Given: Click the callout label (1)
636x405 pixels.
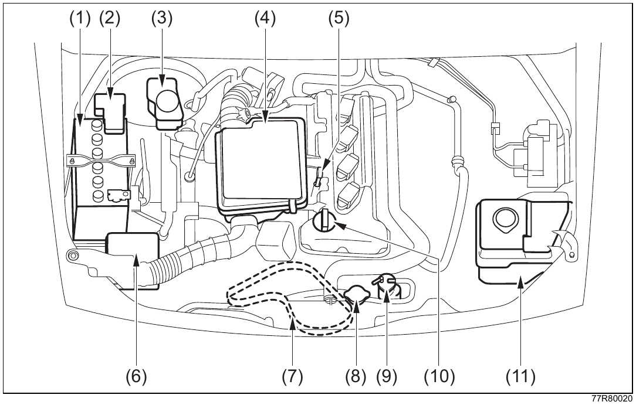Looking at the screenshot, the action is [80, 18].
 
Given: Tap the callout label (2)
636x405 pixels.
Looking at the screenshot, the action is [110, 18].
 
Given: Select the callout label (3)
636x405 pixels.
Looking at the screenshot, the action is [162, 18].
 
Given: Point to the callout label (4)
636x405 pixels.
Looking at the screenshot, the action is [265, 18].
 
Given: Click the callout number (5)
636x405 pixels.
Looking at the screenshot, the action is [339, 18].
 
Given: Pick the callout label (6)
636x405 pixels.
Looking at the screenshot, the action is [136, 376].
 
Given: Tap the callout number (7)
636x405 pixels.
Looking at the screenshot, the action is [292, 376].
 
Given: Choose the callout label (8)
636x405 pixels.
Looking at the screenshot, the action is [356, 376].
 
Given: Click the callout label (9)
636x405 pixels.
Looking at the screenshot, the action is [386, 376].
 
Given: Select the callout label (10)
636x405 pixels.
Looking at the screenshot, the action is [439, 376].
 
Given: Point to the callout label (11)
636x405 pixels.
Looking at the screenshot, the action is [520, 376].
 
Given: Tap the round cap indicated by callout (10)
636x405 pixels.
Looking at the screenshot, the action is [324, 220].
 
